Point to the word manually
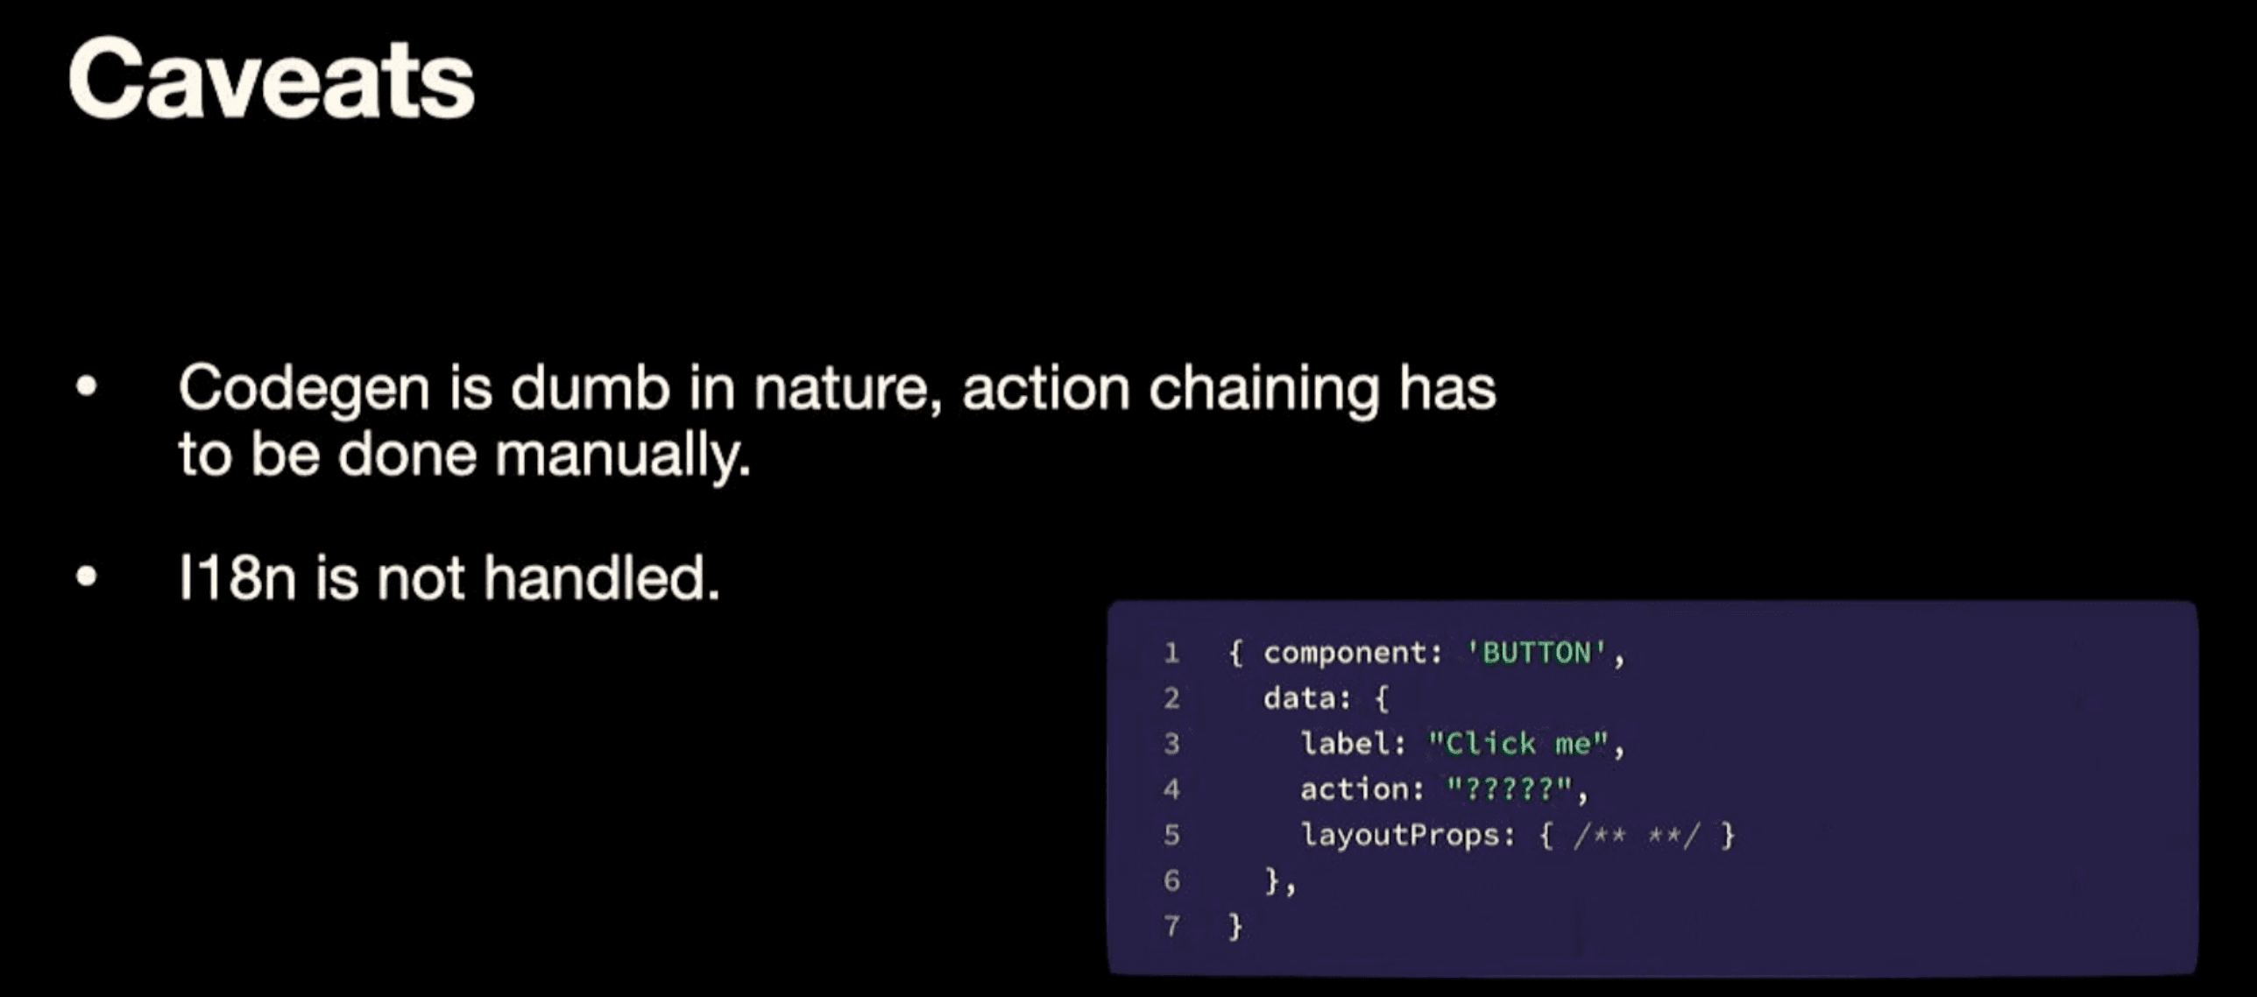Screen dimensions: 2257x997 (x=623, y=456)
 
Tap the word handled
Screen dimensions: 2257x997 (x=602, y=578)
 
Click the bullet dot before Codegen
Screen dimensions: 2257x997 (x=86, y=386)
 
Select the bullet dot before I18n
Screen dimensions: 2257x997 (x=86, y=576)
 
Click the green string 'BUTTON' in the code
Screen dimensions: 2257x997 (x=1537, y=653)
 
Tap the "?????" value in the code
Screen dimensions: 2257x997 (x=1509, y=789)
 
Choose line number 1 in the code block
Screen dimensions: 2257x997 (x=1171, y=653)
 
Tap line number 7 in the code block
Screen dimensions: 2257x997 (x=1171, y=926)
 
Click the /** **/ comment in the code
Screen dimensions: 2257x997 (x=1636, y=835)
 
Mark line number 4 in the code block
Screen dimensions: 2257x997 (x=1171, y=789)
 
